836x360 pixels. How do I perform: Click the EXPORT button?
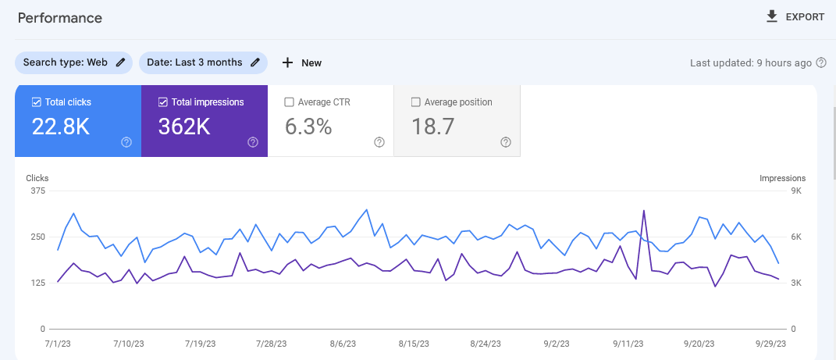(795, 17)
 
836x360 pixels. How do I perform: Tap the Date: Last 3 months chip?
(203, 62)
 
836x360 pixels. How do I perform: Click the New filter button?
(301, 62)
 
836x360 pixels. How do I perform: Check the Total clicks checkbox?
(37, 102)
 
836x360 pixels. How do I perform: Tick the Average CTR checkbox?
(290, 102)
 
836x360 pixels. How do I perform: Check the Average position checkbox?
(416, 102)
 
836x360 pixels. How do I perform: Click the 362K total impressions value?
(184, 127)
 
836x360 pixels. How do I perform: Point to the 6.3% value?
(308, 127)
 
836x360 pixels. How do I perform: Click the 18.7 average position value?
(433, 127)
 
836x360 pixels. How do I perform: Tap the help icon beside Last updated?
(820, 62)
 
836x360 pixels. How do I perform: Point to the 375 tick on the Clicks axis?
(37, 191)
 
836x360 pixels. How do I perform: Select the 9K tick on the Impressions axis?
(796, 191)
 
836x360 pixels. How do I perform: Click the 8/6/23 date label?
(343, 344)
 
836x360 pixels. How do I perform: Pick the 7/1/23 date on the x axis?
(59, 344)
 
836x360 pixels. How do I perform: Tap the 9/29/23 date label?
(770, 344)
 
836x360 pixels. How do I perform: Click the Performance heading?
(60, 17)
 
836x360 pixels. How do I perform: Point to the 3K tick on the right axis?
(796, 283)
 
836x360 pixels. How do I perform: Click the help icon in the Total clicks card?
(126, 142)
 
